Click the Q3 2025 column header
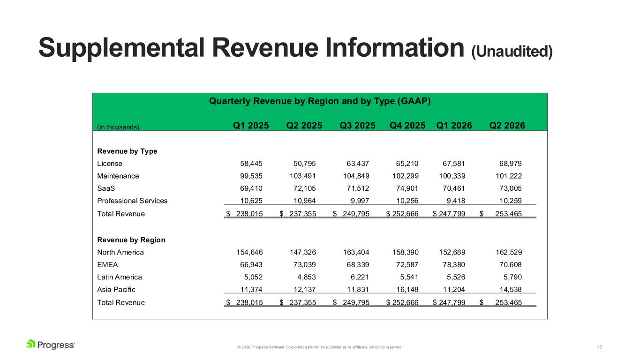pyautogui.click(x=357, y=126)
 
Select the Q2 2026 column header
pyautogui.click(x=507, y=126)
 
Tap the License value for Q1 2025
pyautogui.click(x=251, y=164)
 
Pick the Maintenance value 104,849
pyautogui.click(x=356, y=176)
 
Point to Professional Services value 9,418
pyautogui.click(x=456, y=201)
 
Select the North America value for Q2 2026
pyautogui.click(x=509, y=252)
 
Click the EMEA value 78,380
pyautogui.click(x=454, y=264)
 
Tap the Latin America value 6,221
pyautogui.click(x=360, y=277)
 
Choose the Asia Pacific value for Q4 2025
pyautogui.click(x=407, y=289)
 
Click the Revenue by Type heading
pyautogui.click(x=127, y=151)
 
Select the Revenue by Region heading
pyautogui.click(x=131, y=240)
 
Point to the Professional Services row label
pyautogui.click(x=132, y=201)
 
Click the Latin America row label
pyautogui.click(x=120, y=277)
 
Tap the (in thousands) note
pyautogui.click(x=118, y=127)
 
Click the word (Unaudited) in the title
pyautogui.click(x=512, y=52)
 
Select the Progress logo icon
pyautogui.click(x=31, y=344)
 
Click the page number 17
pyautogui.click(x=599, y=347)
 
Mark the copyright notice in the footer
pyautogui.click(x=320, y=347)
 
